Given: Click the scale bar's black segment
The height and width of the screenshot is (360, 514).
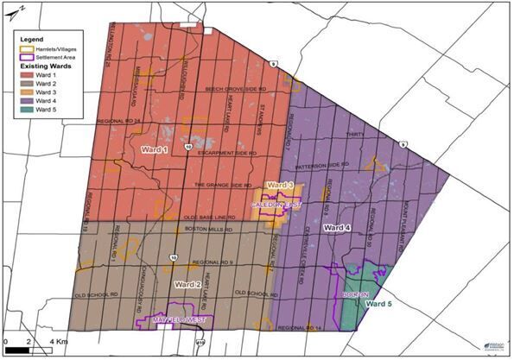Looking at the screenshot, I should pos(18,351).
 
